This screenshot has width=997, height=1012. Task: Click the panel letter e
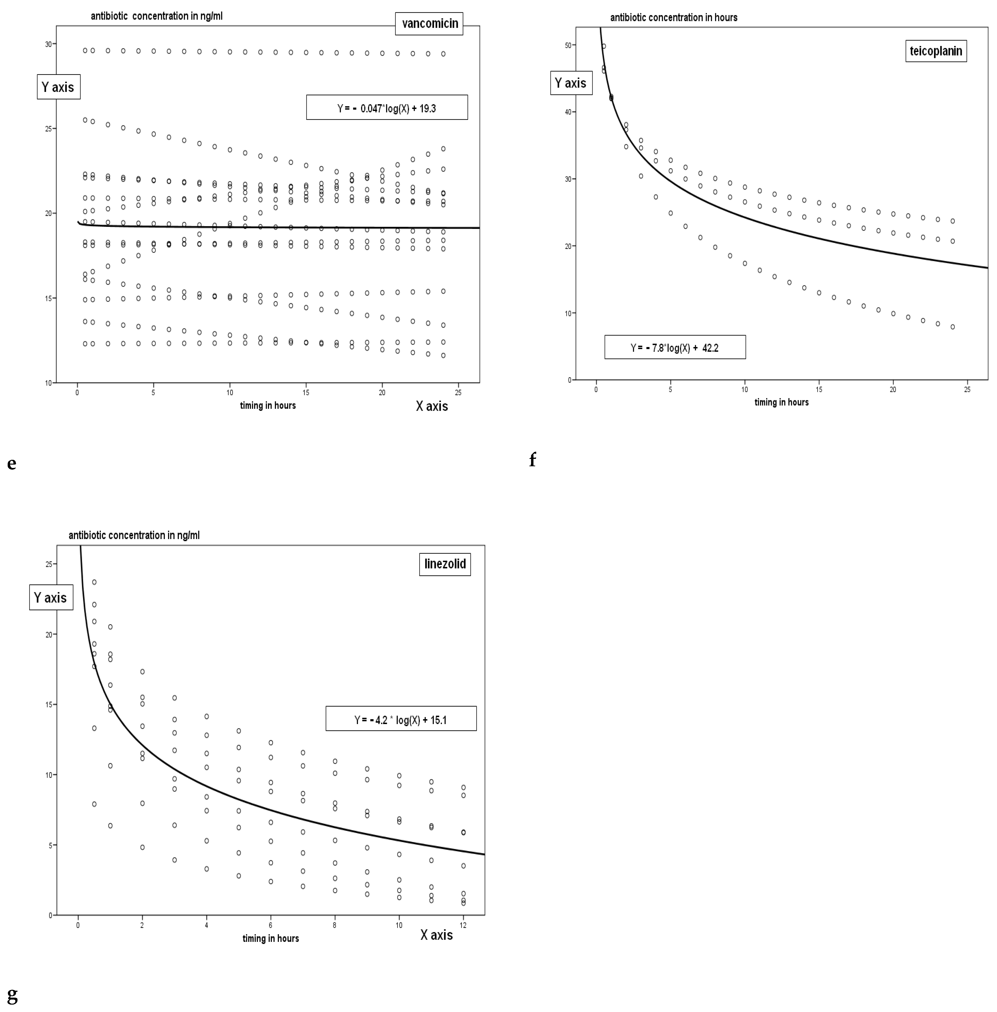coord(11,463)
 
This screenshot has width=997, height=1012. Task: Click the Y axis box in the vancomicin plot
coord(58,87)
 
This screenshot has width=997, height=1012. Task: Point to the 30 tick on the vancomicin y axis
coord(48,45)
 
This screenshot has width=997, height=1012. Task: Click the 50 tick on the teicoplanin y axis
coord(568,45)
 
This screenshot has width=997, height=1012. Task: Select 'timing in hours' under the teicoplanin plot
coord(781,402)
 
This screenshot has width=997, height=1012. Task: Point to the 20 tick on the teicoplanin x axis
coord(893,389)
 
